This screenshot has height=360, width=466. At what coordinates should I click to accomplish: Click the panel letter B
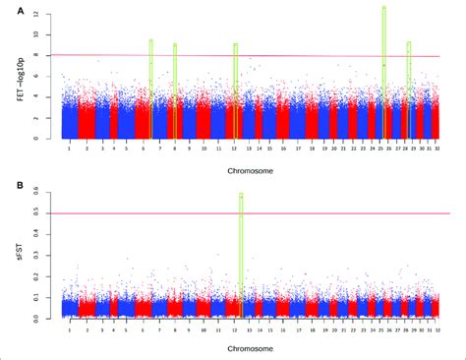coord(9,184)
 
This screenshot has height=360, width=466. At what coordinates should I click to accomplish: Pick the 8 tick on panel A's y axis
coord(36,56)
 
